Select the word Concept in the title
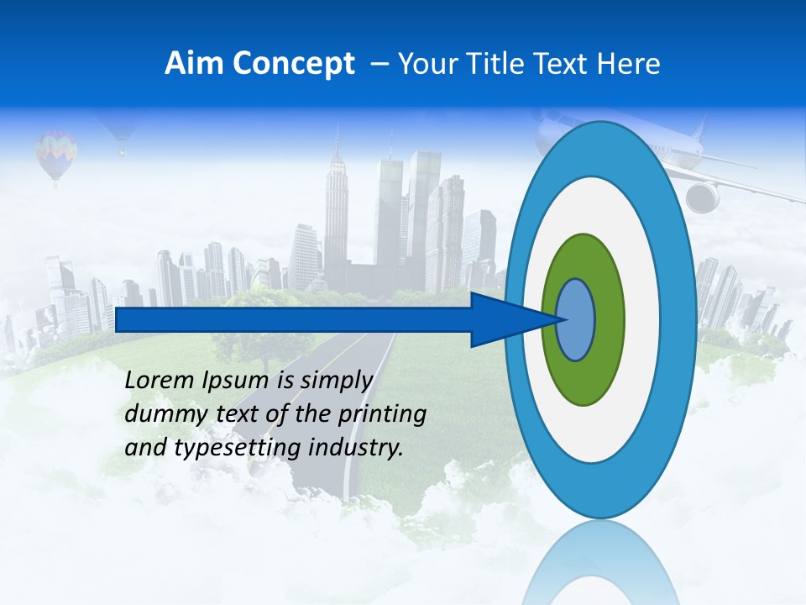pos(293,65)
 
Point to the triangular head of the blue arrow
pos(504,319)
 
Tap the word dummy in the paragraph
pos(160,414)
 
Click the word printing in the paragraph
pos(382,415)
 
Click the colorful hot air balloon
pos(56,151)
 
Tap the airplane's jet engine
pos(702,197)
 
